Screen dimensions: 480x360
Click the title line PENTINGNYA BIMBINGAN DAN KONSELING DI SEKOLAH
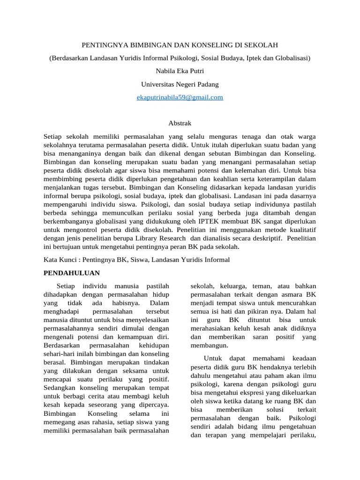click(180, 45)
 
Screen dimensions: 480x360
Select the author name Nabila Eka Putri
click(180, 71)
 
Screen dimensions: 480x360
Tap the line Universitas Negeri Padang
click(180, 84)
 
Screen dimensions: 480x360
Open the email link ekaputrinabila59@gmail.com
click(180, 97)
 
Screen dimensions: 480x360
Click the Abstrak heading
click(180, 123)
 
